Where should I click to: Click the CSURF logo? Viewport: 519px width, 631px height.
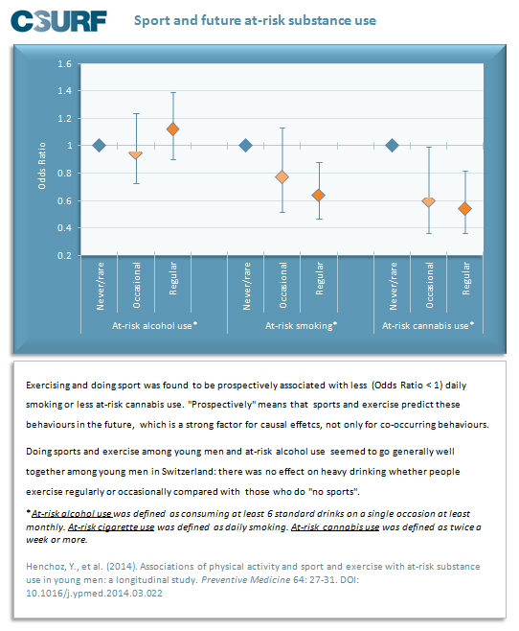click(58, 21)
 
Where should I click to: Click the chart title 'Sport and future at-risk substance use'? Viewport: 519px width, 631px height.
click(255, 20)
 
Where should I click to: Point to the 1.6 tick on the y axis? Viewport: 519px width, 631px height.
click(65, 64)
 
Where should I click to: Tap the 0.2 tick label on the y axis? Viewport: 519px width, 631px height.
click(65, 255)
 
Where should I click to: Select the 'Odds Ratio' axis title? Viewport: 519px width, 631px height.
click(42, 165)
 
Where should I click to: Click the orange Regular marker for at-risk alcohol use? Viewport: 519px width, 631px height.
click(172, 129)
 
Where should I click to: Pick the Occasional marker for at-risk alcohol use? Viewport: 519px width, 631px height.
click(136, 155)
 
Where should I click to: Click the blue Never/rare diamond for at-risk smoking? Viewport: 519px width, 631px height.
click(245, 145)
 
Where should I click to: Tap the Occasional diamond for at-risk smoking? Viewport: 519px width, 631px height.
click(282, 176)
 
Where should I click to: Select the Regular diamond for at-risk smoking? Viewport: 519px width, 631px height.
click(319, 196)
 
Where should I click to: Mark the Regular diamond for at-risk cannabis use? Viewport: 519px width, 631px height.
click(465, 209)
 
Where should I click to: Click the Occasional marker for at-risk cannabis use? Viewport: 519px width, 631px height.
click(429, 201)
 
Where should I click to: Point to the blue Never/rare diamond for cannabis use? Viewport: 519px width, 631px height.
click(392, 145)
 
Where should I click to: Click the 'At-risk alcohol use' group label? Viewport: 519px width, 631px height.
click(155, 325)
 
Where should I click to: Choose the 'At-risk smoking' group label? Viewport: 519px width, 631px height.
click(301, 325)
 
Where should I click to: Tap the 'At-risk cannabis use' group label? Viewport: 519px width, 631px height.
click(428, 325)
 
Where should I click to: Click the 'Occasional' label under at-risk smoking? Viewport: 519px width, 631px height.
click(283, 286)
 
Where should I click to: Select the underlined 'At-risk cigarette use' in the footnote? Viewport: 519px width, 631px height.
click(111, 527)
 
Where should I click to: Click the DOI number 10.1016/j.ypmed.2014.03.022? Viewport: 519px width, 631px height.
click(94, 594)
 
